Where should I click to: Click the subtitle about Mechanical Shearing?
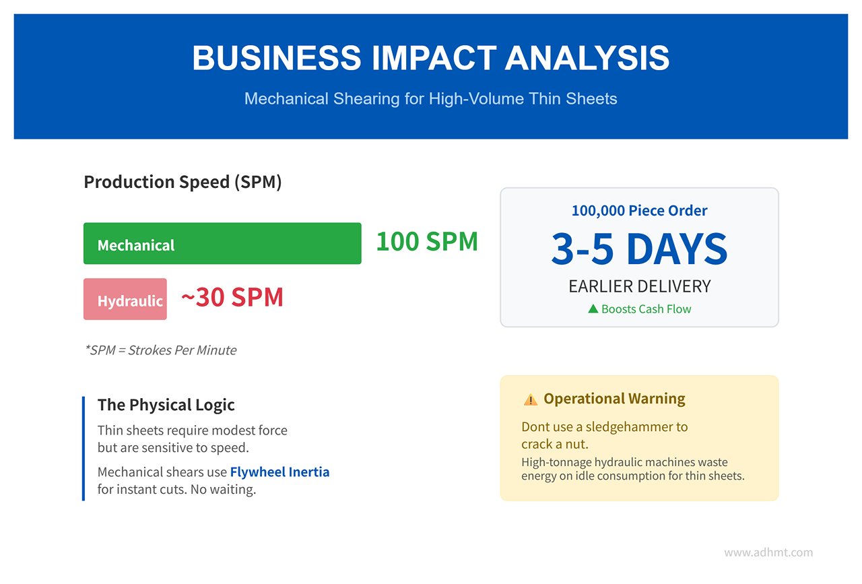pyautogui.click(x=430, y=98)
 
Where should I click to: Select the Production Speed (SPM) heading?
pyautogui.click(x=183, y=182)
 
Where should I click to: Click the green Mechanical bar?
pyautogui.click(x=222, y=243)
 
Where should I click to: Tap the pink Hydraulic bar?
pyautogui.click(x=125, y=299)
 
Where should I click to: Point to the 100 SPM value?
pyautogui.click(x=427, y=242)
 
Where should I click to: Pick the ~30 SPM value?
pyautogui.click(x=232, y=297)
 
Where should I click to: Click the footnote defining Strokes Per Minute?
pyautogui.click(x=161, y=350)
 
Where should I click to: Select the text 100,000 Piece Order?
pyautogui.click(x=639, y=211)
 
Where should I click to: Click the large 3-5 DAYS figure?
pyautogui.click(x=639, y=249)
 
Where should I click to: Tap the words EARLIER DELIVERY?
pyautogui.click(x=640, y=286)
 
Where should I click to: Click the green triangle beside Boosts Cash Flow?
pyautogui.click(x=593, y=309)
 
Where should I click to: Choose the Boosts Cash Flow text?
pyautogui.click(x=646, y=309)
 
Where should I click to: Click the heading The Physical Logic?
pyautogui.click(x=166, y=405)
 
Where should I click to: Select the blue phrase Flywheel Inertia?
pyautogui.click(x=279, y=472)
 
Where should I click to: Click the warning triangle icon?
pyautogui.click(x=530, y=399)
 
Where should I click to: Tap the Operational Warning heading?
pyautogui.click(x=614, y=399)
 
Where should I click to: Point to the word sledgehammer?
pyautogui.click(x=626, y=427)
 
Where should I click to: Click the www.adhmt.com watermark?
pyautogui.click(x=768, y=552)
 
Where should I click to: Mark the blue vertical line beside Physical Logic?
pyautogui.click(x=84, y=449)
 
